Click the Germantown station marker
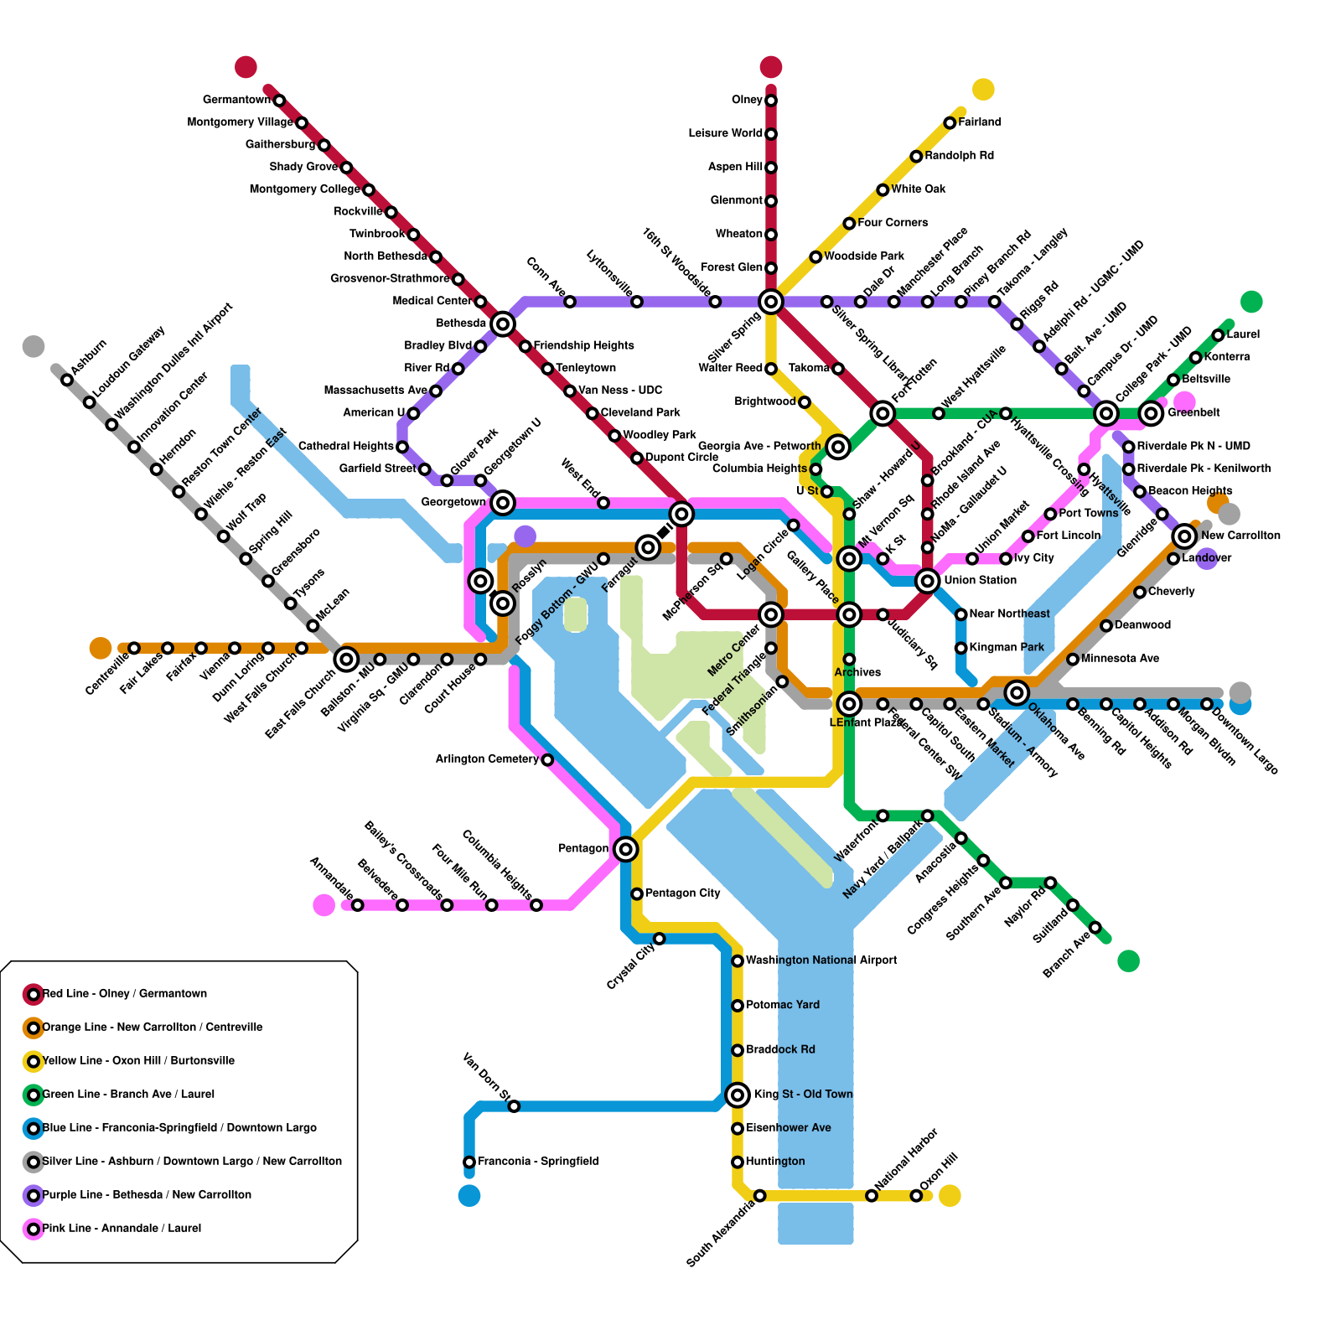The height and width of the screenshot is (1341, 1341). (279, 101)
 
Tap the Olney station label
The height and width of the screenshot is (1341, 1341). (747, 101)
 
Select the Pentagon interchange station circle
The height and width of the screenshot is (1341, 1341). (625, 849)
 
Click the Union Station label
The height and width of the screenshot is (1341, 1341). (980, 580)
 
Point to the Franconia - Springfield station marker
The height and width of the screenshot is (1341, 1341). (469, 1162)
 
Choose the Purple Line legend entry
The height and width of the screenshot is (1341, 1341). (147, 1194)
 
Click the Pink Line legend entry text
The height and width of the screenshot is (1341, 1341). (122, 1228)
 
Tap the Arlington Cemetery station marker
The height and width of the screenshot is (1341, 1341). (547, 759)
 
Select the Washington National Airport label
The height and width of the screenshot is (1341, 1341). (821, 960)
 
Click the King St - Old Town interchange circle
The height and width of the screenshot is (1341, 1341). (738, 1094)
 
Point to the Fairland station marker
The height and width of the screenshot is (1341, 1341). (950, 123)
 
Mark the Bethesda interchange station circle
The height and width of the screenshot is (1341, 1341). (503, 324)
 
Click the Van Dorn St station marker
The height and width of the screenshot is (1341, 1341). (514, 1106)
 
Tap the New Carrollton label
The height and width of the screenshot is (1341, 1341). (1240, 536)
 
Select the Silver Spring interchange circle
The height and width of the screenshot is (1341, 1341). (771, 301)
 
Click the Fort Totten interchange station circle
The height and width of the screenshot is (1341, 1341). (883, 412)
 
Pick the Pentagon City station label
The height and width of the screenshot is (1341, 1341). (682, 893)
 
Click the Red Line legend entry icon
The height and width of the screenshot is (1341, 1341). (34, 994)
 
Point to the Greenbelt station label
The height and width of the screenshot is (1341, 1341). (1193, 412)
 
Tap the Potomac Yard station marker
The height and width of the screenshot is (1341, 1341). (738, 1005)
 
